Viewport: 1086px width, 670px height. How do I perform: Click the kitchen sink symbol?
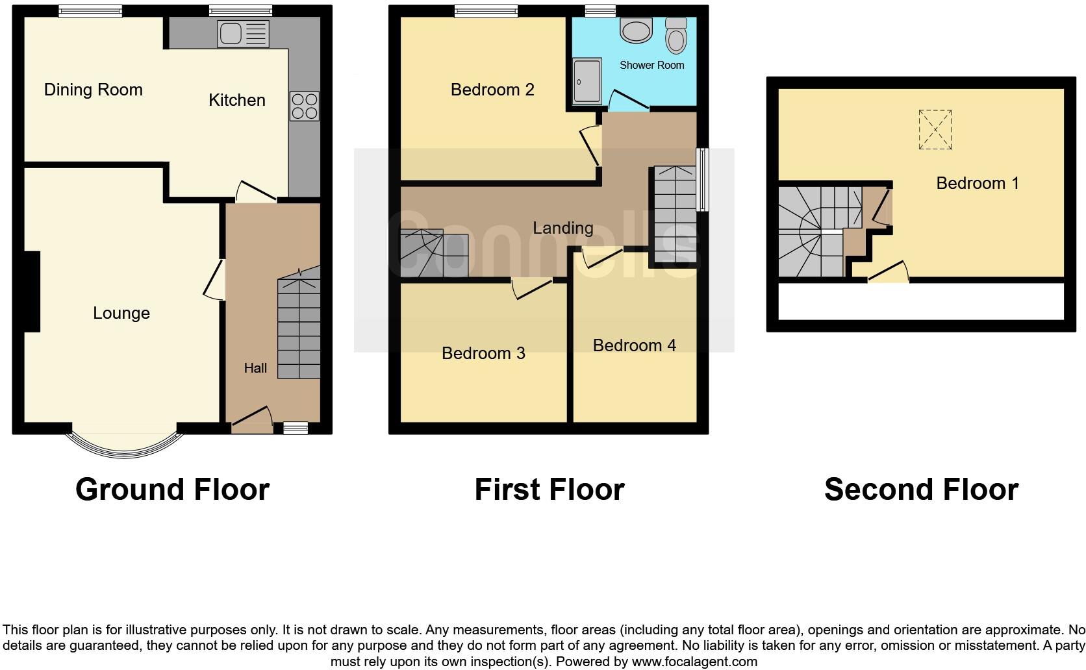coord(244,34)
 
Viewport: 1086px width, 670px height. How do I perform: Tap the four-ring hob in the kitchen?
coord(304,106)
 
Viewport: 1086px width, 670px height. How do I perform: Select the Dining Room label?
coord(93,90)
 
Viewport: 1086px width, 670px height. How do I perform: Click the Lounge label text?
coord(121,313)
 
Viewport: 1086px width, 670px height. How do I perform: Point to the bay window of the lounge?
coord(123,447)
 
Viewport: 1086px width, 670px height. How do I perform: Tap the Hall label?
coord(255,368)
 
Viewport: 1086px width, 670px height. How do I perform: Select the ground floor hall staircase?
coord(299,328)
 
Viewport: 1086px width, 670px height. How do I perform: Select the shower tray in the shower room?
coord(587,80)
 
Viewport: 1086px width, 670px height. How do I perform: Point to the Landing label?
coord(562,228)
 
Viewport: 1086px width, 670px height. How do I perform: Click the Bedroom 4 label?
coord(634,345)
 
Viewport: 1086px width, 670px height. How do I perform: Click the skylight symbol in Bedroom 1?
coord(935,130)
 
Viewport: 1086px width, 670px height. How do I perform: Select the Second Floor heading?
coord(920,490)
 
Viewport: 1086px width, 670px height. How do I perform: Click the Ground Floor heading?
coord(172,490)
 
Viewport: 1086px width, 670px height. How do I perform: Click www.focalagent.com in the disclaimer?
coord(694,662)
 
